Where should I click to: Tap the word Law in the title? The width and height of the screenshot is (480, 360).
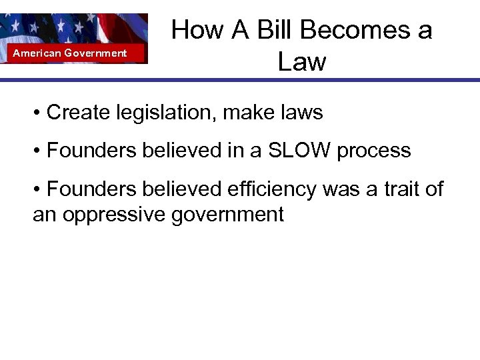301,62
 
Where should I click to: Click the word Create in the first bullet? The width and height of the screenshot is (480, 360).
77,113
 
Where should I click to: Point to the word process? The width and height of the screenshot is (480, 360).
373,151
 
